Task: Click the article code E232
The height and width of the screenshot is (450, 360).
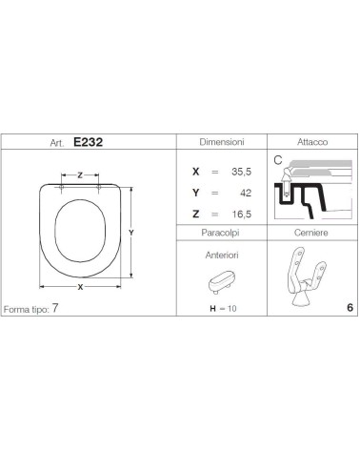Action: click(88, 142)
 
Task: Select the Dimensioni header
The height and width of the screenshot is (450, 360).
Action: click(222, 142)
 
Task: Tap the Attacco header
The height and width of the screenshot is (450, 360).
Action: click(312, 142)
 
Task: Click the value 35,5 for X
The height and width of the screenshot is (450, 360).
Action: click(241, 172)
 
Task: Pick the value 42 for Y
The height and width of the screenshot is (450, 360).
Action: click(246, 193)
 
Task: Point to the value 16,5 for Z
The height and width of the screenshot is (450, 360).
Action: click(241, 215)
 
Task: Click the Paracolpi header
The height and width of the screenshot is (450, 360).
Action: click(220, 233)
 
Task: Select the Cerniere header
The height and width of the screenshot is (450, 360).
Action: click(310, 233)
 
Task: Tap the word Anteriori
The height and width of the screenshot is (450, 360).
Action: click(222, 256)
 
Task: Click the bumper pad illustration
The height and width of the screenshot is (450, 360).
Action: click(221, 282)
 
